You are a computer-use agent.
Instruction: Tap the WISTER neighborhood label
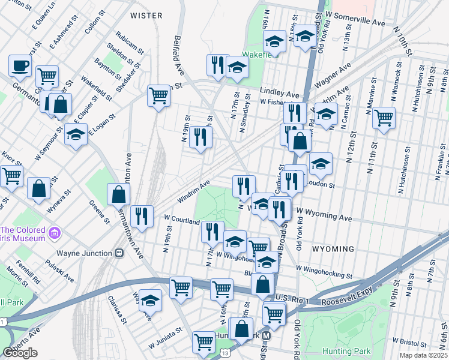tap(146, 15)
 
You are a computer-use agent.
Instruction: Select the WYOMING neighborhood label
tap(333, 248)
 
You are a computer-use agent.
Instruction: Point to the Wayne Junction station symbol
tap(119, 253)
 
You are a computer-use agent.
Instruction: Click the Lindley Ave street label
tap(279, 94)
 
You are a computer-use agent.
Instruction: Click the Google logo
tap(20, 353)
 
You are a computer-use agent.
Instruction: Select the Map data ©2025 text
tap(423, 355)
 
